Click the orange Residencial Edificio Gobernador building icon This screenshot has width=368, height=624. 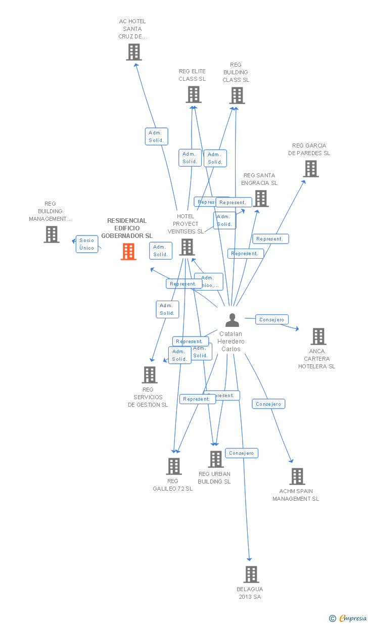[128, 252]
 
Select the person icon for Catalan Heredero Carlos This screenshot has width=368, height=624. [232, 320]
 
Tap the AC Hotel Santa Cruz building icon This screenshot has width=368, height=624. [134, 52]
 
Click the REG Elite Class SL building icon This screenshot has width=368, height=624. [194, 94]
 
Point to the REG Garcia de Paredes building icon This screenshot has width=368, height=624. [311, 169]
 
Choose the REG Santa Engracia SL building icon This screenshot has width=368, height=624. [261, 199]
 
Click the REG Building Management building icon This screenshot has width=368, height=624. [52, 234]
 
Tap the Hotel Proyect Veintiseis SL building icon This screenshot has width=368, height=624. [187, 247]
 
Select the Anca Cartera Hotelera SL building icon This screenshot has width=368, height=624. [318, 337]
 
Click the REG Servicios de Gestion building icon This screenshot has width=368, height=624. [150, 375]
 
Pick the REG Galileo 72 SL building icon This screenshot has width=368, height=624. [174, 466]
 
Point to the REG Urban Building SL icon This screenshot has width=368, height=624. [216, 459]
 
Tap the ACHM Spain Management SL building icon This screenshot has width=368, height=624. [297, 476]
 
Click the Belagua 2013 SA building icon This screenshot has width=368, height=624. [251, 574]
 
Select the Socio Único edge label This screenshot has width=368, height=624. [87, 244]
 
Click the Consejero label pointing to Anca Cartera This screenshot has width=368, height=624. [272, 319]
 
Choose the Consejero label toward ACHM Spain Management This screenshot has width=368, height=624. [268, 404]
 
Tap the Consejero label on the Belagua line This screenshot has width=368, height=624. [242, 453]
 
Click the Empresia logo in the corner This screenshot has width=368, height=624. [348, 618]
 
